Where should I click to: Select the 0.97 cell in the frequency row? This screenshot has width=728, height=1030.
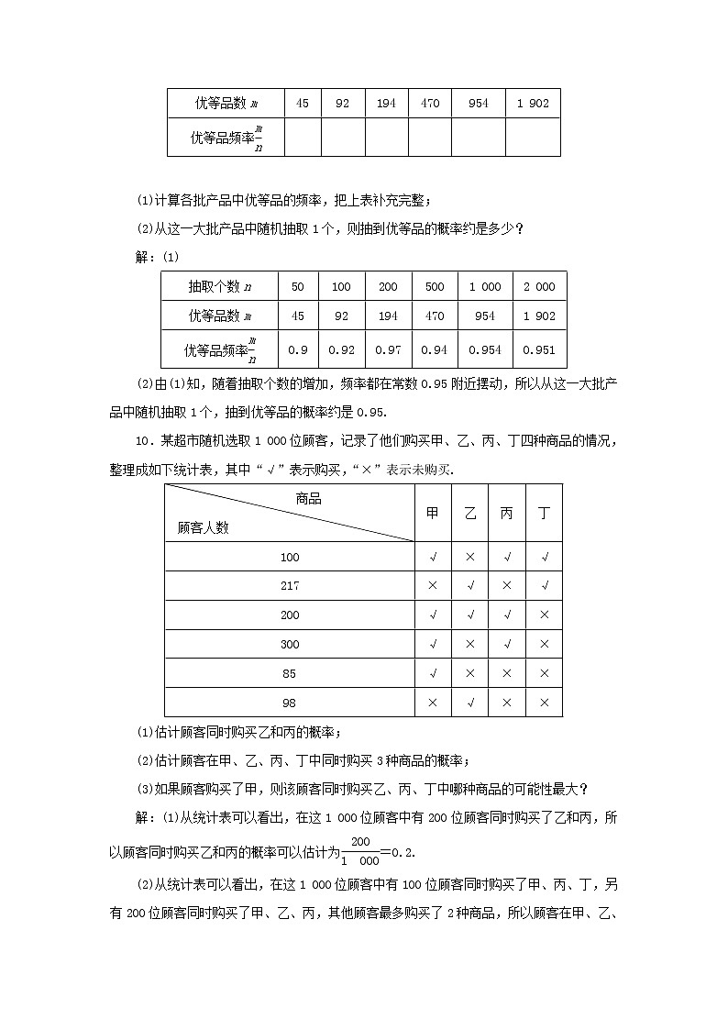pyautogui.click(x=388, y=349)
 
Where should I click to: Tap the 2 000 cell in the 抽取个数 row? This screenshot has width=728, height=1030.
pyautogui.click(x=539, y=286)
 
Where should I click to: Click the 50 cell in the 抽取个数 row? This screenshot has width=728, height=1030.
pyautogui.click(x=297, y=286)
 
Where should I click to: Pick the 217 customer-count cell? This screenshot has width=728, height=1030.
pyautogui.click(x=290, y=585)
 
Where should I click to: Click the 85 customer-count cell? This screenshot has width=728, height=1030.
pyautogui.click(x=290, y=673)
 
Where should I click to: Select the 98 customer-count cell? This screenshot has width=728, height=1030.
pyautogui.click(x=290, y=703)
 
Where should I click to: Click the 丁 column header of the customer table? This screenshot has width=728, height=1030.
pyautogui.click(x=544, y=514)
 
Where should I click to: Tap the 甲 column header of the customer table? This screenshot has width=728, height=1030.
pyautogui.click(x=433, y=514)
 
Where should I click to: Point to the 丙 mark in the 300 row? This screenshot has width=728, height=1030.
pyautogui.click(x=507, y=644)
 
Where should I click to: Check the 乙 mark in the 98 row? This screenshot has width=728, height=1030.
pyautogui.click(x=470, y=703)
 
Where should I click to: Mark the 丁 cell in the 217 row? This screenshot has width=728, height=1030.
pyautogui.click(x=544, y=585)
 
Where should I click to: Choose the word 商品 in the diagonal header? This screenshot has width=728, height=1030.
pyautogui.click(x=309, y=499)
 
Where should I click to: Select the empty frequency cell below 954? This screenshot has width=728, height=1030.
pyautogui.click(x=478, y=138)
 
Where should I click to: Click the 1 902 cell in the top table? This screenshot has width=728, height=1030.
pyautogui.click(x=533, y=103)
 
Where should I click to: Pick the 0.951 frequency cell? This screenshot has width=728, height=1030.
pyautogui.click(x=539, y=349)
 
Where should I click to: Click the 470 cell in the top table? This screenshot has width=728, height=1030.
pyautogui.click(x=430, y=103)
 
